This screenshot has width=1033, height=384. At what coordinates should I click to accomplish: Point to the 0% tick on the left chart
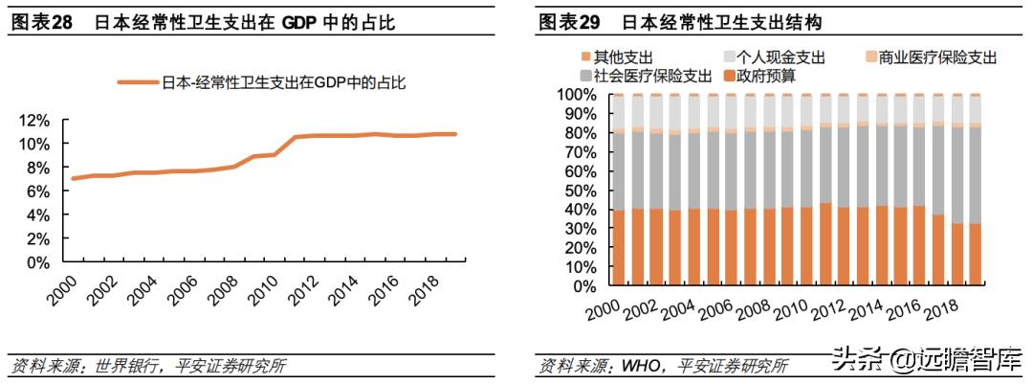pos(38,262)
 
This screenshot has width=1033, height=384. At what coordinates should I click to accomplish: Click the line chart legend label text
pos(284,82)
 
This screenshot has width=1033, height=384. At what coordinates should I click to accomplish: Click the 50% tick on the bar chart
pos(578,190)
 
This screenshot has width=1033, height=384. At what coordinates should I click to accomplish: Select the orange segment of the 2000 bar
pos(619,247)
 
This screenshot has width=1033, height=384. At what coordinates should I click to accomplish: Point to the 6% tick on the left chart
pos(38,192)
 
